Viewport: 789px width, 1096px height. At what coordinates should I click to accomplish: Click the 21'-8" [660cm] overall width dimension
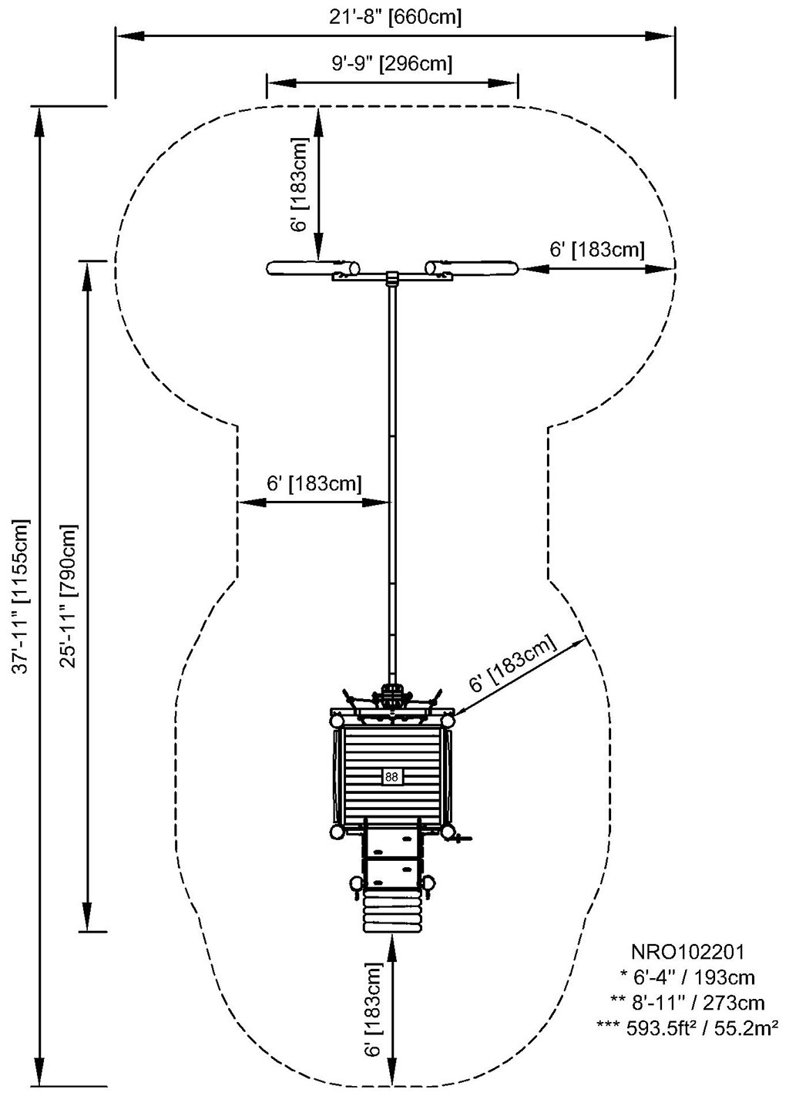[394, 16]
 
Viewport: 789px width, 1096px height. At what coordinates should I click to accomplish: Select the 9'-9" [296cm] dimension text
[391, 62]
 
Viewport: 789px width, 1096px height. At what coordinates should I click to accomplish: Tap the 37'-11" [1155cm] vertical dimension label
[23, 596]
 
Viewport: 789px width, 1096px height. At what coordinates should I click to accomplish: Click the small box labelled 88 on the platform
[391, 777]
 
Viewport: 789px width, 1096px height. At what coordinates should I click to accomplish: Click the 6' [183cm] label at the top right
[596, 250]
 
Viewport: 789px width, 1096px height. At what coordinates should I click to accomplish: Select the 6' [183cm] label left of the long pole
[314, 483]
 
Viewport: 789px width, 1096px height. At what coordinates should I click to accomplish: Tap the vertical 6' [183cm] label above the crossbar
[301, 184]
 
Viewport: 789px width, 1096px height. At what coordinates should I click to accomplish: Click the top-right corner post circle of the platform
[447, 720]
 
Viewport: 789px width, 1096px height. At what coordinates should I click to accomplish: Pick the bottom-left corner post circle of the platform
[337, 832]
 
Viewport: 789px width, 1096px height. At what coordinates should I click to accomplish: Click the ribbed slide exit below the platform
[392, 913]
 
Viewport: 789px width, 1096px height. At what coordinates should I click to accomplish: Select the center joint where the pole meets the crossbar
[391, 277]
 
